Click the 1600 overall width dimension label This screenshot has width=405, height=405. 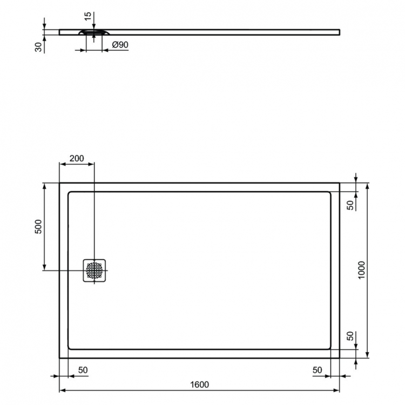tap(199, 384)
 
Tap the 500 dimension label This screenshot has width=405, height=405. tap(38, 227)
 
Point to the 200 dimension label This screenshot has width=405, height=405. tap(77, 158)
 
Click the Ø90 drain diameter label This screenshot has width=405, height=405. tap(120, 45)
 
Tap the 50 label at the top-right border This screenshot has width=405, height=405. tap(350, 205)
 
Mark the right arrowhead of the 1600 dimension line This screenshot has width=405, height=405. tap(337, 390)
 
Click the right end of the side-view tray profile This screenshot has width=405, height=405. tap(340, 31)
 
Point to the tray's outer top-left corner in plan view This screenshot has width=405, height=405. tap(59, 183)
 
